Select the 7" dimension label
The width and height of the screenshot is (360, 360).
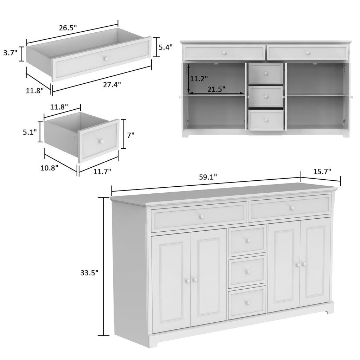[131, 134]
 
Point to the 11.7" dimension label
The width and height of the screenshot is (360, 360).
[103, 171]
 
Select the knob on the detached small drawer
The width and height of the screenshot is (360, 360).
[101, 141]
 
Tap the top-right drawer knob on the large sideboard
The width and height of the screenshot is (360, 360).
[292, 208]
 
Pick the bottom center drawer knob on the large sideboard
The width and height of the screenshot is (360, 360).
[247, 303]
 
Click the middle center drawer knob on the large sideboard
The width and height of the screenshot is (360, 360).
[247, 271]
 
